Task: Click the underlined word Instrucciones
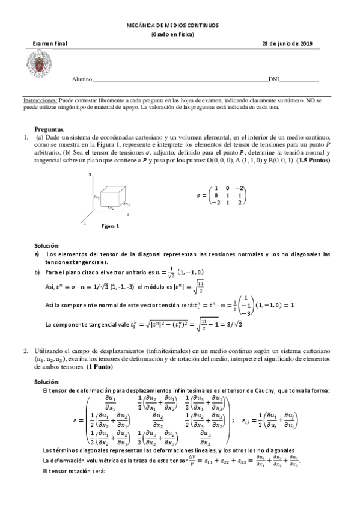tap(41, 101)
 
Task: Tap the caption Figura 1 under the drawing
tap(110, 226)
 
